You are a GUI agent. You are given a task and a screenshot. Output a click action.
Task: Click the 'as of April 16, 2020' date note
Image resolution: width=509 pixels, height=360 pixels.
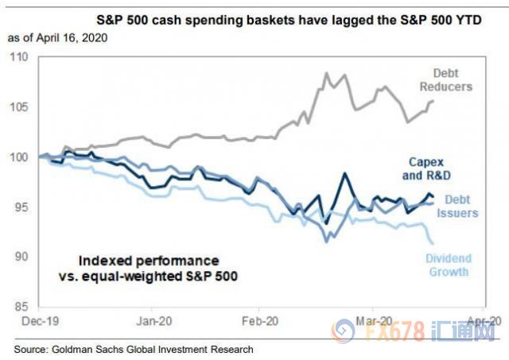[x=56, y=38]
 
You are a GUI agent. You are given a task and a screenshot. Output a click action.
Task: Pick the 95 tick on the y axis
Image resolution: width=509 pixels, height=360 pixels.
[x=19, y=207]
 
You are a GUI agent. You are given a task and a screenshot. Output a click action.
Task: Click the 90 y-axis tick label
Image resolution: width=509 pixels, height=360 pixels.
[x=19, y=257]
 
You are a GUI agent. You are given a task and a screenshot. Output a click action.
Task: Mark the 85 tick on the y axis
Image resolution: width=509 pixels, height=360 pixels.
[x=19, y=307]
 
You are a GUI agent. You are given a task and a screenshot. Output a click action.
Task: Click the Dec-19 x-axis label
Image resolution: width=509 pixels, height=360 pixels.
[x=40, y=321]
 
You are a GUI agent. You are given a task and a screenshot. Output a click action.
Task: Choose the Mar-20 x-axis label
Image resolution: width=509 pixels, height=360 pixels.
[x=371, y=321]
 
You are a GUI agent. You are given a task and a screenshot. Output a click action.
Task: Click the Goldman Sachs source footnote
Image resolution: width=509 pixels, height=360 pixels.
[x=132, y=348]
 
